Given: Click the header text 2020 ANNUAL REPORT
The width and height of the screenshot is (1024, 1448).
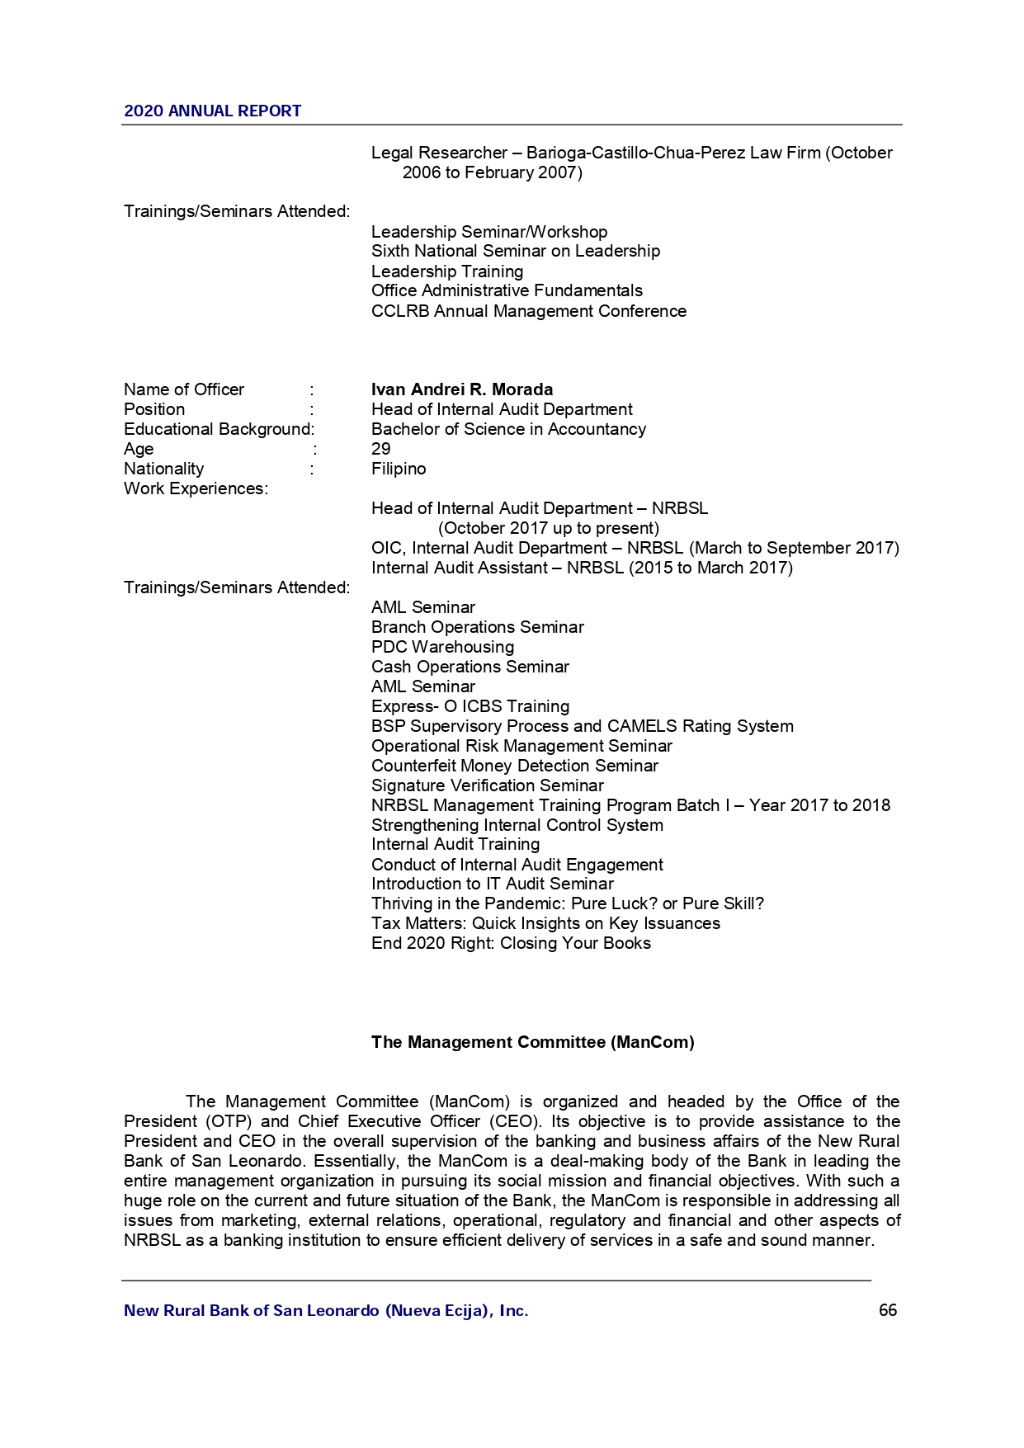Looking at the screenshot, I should [x=212, y=111].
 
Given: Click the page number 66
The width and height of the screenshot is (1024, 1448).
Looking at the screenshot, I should [x=888, y=1310].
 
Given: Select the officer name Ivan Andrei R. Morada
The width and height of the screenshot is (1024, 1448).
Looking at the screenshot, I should [x=462, y=389].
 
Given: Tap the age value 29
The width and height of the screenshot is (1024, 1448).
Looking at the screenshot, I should [x=381, y=449].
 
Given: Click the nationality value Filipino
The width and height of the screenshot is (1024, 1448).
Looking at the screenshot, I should [x=399, y=469].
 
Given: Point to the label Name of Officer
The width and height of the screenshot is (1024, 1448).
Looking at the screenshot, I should [x=184, y=389].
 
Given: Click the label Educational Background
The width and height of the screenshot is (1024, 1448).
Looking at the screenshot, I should [x=219, y=429].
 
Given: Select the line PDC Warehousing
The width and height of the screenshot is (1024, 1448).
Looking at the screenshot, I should [x=442, y=647].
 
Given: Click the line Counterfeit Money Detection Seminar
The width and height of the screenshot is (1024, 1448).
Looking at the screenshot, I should [x=515, y=766].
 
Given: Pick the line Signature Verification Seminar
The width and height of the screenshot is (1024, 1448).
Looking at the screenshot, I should [x=488, y=785].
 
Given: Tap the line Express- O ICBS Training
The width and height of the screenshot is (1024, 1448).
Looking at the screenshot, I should [x=470, y=706].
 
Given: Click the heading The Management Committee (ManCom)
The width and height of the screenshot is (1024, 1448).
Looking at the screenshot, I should [x=532, y=1042].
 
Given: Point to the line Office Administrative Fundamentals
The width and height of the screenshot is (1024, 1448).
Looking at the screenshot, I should [x=507, y=290].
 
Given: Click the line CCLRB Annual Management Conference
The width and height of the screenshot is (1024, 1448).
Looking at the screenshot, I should [x=529, y=311].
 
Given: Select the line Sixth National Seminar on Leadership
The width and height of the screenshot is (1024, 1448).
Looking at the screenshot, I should [x=516, y=251].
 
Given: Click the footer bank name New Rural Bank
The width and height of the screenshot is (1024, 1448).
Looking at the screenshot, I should [x=326, y=1310].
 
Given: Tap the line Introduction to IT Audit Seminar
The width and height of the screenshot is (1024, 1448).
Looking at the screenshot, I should [x=493, y=884].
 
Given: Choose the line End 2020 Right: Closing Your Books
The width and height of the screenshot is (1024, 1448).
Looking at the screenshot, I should [x=511, y=943].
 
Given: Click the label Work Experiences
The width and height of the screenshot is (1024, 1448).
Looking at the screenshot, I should [x=196, y=488].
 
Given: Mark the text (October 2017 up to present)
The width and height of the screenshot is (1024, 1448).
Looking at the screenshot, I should [x=549, y=528].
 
